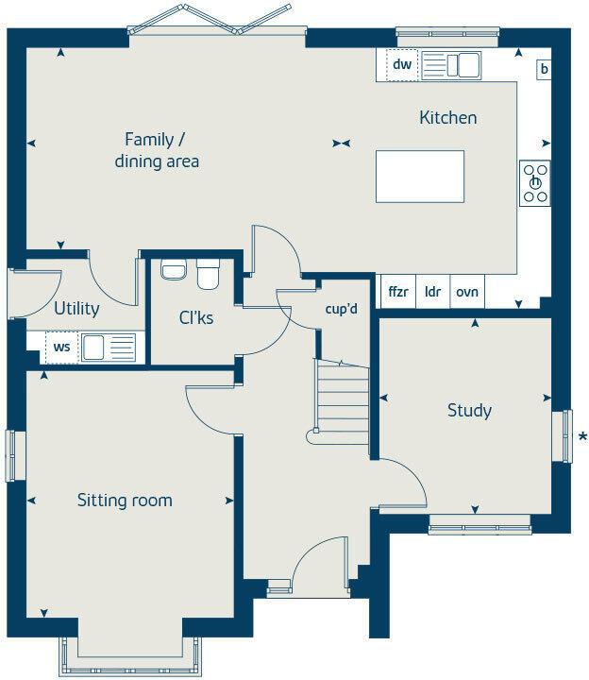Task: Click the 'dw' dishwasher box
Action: point(402,65)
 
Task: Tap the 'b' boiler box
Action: point(545,69)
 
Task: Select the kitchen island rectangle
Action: point(419,177)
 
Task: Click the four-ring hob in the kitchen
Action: point(535,183)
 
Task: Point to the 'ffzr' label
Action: point(398,292)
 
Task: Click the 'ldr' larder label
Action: point(433,292)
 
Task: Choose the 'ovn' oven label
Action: point(466,292)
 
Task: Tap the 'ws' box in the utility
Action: point(61,347)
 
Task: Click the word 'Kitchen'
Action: point(447,118)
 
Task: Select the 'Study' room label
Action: point(469,410)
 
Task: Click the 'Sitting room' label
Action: point(125,500)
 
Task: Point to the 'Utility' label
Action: point(76,308)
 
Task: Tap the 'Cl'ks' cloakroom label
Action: point(196,317)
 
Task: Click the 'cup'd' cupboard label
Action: point(341,309)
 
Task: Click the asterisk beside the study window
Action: point(582,436)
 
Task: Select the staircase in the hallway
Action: point(342,401)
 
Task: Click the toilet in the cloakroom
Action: point(208,275)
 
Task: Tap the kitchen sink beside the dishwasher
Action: point(450,65)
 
